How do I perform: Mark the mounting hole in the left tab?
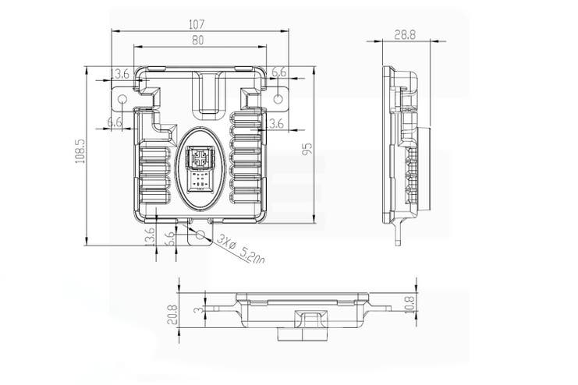pos(121,99)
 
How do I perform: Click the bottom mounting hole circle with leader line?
pos(200,234)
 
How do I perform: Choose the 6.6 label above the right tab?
pos(278,72)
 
